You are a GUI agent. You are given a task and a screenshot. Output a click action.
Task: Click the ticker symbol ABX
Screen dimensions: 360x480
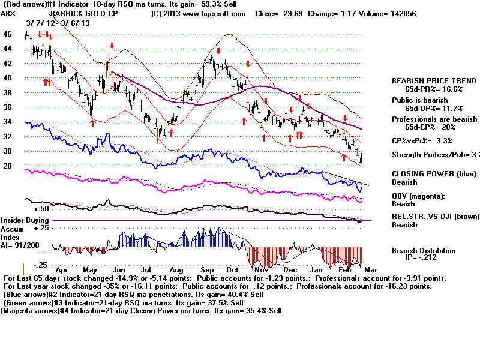(x=9, y=13)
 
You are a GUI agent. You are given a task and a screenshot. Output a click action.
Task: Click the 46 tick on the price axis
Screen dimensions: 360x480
(x=8, y=35)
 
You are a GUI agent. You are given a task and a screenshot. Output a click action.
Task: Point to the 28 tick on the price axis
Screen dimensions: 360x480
(x=8, y=165)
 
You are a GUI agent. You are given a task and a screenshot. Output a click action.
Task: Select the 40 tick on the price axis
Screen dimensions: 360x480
(x=8, y=78)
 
